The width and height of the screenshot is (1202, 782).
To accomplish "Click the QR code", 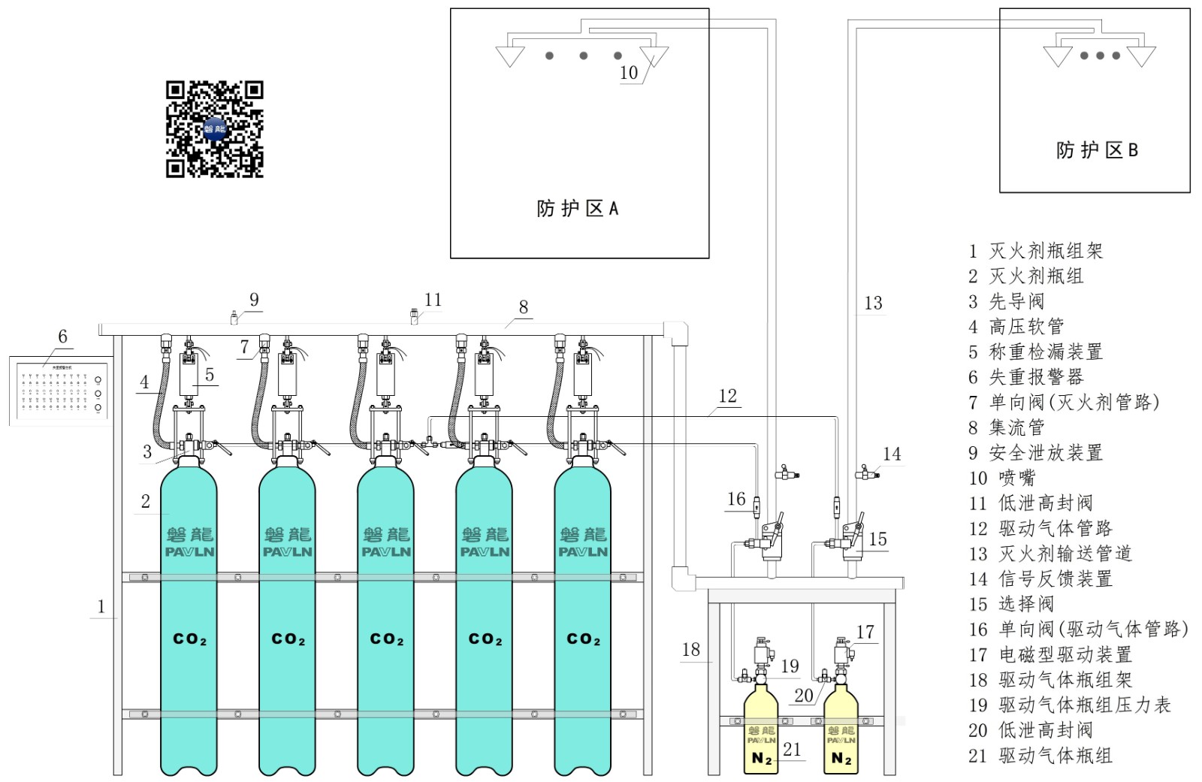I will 214,129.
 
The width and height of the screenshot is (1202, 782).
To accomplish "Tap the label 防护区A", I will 577,208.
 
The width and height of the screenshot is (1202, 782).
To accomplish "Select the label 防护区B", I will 1096,150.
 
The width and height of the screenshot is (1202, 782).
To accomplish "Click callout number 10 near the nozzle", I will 629,73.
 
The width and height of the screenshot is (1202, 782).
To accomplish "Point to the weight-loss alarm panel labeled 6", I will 60,391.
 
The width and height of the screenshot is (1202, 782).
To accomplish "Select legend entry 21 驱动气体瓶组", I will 1040,756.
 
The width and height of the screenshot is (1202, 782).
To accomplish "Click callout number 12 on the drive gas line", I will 727,396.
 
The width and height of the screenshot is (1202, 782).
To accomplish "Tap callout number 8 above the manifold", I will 524,307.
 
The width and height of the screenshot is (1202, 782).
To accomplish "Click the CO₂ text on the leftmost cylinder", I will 189,639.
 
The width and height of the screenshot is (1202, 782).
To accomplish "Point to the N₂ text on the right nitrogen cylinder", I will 841,759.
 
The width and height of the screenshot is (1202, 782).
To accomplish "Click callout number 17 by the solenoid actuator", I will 865,632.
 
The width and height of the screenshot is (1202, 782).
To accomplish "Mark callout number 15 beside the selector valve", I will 877,539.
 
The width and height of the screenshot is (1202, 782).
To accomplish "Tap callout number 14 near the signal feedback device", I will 892,454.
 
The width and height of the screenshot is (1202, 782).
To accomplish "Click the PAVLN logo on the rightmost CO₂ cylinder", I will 583,551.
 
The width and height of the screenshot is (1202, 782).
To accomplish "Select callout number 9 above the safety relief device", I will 254,300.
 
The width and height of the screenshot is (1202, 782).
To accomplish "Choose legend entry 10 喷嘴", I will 1002,478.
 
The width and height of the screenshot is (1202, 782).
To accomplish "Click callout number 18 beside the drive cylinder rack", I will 691,649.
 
